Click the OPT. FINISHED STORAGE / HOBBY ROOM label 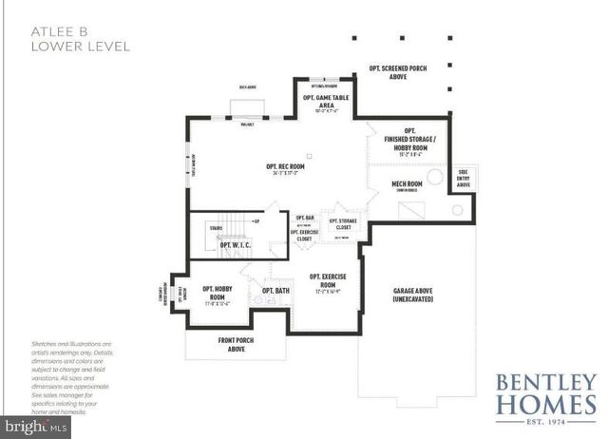[410, 141]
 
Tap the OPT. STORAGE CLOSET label [343, 224]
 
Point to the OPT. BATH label [275, 290]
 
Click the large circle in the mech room [435, 177]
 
